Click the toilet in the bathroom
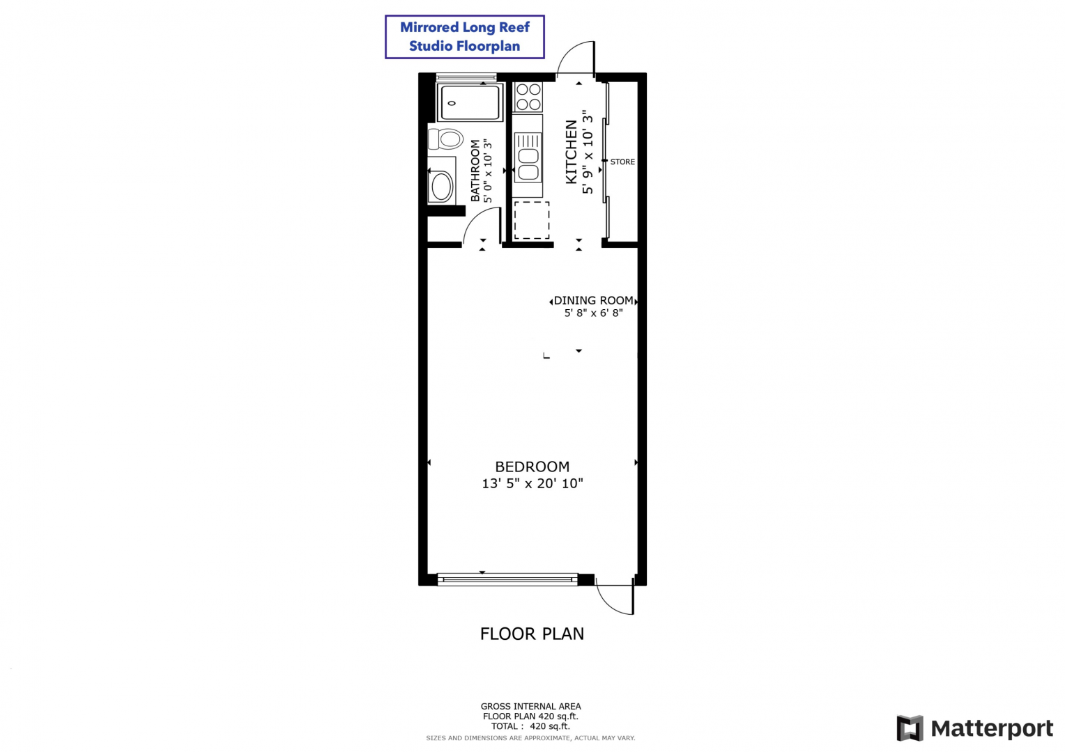point(445,139)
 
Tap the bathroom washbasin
point(441,186)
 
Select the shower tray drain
point(452,102)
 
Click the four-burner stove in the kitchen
point(528,97)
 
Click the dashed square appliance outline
point(532,220)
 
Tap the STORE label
point(622,162)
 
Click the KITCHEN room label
point(571,152)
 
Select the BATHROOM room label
point(475,171)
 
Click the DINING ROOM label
point(593,301)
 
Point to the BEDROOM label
point(532,467)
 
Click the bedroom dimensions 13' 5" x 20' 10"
point(532,484)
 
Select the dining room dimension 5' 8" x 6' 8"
point(593,313)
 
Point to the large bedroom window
point(507,579)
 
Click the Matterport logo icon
point(910,728)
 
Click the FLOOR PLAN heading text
point(532,634)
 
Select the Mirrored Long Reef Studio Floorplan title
point(464,37)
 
